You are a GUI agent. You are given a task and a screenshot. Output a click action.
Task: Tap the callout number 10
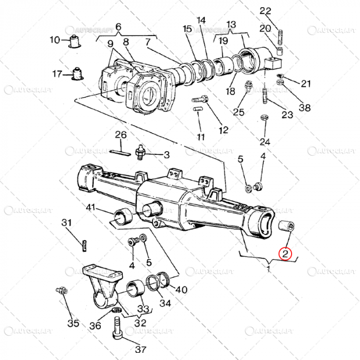55,40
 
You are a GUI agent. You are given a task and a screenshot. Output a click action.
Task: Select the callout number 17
58,74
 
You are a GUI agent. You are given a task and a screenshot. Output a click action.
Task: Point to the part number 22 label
279,11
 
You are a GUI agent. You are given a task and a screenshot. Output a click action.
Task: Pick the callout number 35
74,323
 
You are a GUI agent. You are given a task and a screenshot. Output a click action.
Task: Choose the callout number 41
91,208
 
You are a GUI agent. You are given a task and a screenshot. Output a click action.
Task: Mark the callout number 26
120,135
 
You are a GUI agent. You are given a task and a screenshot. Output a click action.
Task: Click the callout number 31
67,223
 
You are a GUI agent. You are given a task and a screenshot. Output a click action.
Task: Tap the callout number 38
305,108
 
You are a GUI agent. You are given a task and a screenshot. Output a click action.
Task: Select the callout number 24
264,141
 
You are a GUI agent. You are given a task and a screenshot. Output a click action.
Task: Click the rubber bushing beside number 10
77,40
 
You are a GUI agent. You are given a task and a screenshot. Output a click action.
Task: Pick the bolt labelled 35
60,292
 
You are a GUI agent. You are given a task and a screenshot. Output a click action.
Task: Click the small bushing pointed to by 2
285,226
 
